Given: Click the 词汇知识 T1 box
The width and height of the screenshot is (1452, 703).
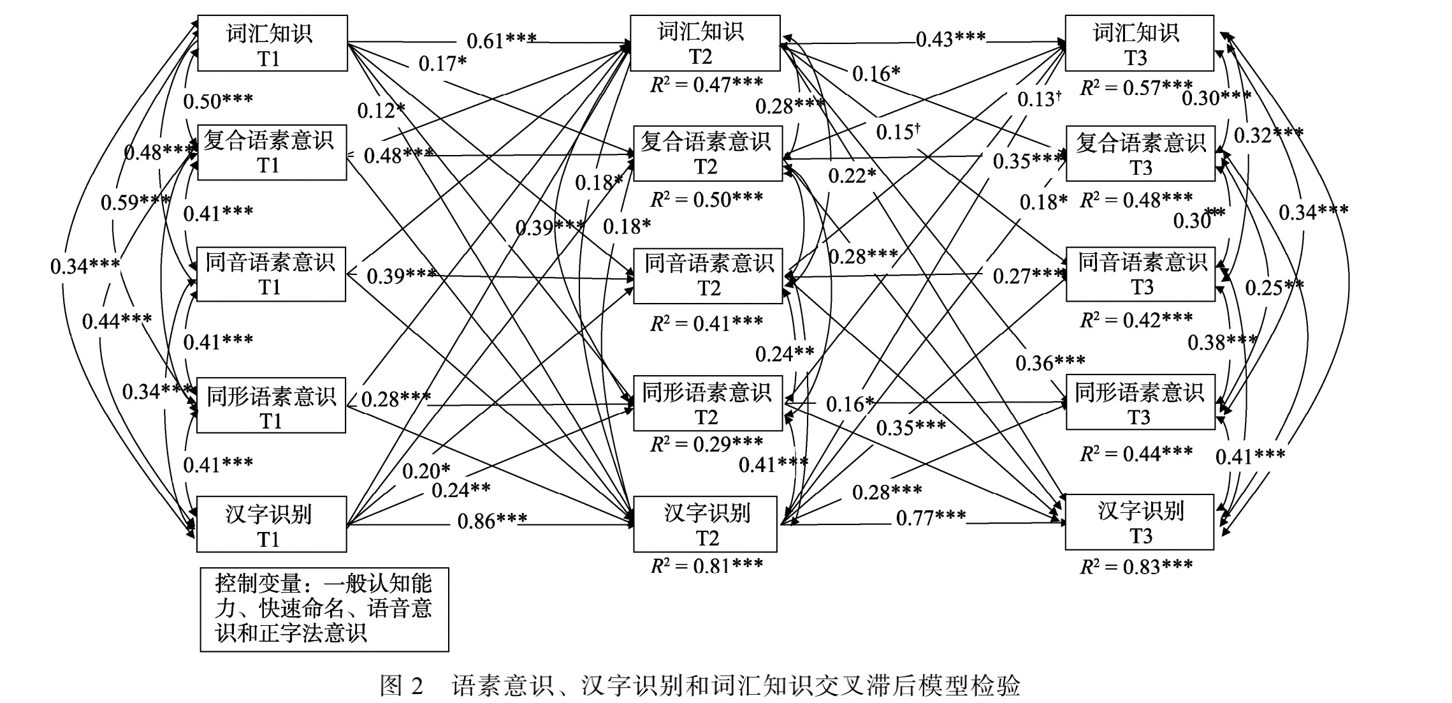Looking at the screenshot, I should tap(272, 43).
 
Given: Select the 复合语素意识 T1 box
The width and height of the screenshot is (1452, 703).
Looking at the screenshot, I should tap(272, 152).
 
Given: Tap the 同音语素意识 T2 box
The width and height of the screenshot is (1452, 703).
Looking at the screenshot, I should tap(708, 276).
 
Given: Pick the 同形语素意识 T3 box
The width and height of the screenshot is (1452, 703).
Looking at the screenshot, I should tap(1140, 402).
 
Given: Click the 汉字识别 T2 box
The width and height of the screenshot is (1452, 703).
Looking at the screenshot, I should tap(705, 524).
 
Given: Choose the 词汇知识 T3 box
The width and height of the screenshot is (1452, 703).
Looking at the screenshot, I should tap(1139, 43).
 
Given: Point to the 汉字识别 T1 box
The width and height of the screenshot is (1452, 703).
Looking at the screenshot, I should tap(272, 524).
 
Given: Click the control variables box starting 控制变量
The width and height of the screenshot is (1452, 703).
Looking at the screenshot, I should tap(324, 609).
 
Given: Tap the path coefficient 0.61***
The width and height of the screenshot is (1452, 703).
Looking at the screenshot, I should tap(501, 41).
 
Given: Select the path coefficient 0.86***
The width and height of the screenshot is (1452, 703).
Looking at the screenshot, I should tap(492, 521).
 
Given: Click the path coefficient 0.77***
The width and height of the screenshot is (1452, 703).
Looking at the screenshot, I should tap(931, 517).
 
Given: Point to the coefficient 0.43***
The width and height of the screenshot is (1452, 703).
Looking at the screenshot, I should tap(950, 40).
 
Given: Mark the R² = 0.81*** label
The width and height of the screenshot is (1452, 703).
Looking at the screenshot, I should tap(706, 565).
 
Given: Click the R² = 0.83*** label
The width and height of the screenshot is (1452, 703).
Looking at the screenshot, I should tap(1136, 566).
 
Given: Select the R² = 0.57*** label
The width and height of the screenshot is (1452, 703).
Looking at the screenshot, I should tap(1136, 88).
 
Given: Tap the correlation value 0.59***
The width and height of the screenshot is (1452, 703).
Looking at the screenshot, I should tap(135, 202).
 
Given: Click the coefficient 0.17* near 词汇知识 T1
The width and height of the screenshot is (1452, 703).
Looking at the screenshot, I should tap(442, 64).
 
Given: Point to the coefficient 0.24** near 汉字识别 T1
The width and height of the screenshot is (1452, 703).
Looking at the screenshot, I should tap(461, 490).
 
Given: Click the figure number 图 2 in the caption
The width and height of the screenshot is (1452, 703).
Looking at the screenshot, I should tap(402, 686).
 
